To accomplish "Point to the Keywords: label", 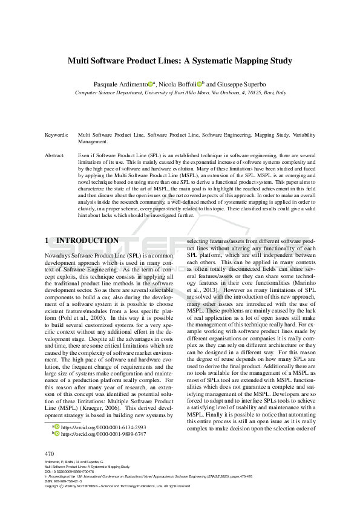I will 56,135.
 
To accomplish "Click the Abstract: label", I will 55,156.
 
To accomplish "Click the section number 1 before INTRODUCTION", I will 47,241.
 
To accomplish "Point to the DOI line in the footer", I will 70,472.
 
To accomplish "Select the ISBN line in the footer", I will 66,481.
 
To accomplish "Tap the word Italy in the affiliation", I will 280,94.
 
